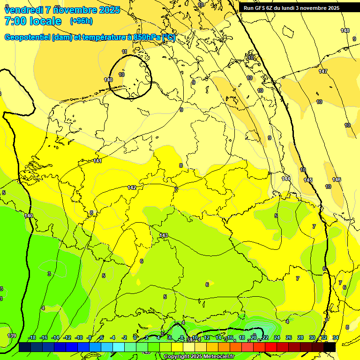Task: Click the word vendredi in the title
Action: pyautogui.click(x=23, y=10)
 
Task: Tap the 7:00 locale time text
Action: pyautogui.click(x=33, y=21)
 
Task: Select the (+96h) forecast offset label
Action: pyautogui.click(x=81, y=21)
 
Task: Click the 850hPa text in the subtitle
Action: pyautogui.click(x=147, y=37)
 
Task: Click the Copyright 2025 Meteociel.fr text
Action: pyautogui.click(x=199, y=357)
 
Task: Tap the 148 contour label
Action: pyautogui.click(x=345, y=30)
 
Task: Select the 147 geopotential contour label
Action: pyautogui.click(x=323, y=71)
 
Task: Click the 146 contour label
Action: pyautogui.click(x=337, y=180)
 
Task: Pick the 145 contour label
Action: pyautogui.click(x=308, y=180)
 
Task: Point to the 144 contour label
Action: pyautogui.click(x=286, y=179)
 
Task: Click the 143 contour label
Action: pyautogui.click(x=164, y=235)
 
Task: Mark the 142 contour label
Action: pyautogui.click(x=132, y=187)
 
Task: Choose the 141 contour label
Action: pyautogui.click(x=97, y=161)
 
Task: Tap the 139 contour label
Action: pyautogui.click(x=12, y=336)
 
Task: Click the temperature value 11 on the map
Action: pyautogui.click(x=124, y=52)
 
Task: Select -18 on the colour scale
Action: pyautogui.click(x=32, y=338)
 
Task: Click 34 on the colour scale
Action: pyautogui.click(x=336, y=338)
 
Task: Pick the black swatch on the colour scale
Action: pyautogui.click(x=330, y=347)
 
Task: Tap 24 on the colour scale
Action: pyautogui.click(x=277, y=338)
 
